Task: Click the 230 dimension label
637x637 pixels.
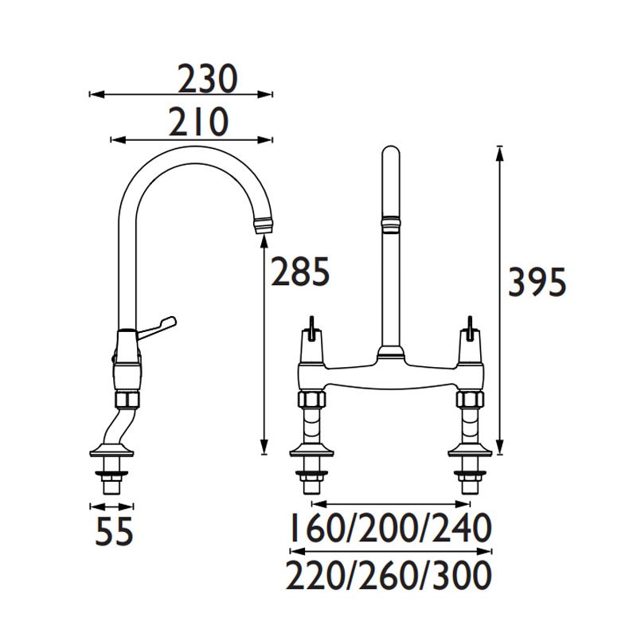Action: coord(207,78)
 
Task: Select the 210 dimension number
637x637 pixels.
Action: coord(198,122)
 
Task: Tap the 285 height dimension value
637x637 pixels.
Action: coord(300,271)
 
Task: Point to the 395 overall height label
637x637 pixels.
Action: coord(537,283)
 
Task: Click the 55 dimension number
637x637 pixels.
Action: coord(114,530)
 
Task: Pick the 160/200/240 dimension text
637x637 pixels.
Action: coord(391,528)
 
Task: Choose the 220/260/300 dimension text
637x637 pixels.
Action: coord(389,575)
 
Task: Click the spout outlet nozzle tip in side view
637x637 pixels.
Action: coord(264,226)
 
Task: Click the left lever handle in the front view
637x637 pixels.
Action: coord(312,328)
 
